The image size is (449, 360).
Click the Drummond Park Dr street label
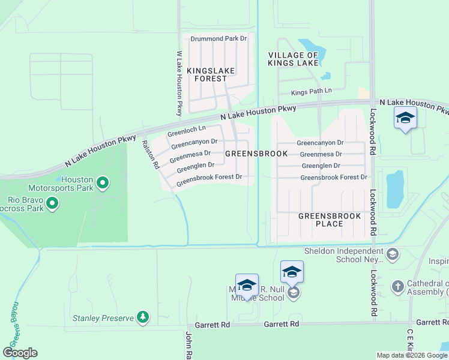pyautogui.click(x=218, y=38)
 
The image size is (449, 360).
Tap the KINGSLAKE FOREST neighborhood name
pyautogui.click(x=211, y=74)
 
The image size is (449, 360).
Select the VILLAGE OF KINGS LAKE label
pyautogui.click(x=293, y=59)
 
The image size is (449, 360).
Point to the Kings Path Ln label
pyautogui.click(x=312, y=91)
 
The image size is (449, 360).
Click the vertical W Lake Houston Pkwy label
pyautogui.click(x=179, y=83)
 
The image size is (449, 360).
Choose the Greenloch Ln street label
pyautogui.click(x=186, y=129)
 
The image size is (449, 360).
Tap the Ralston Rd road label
pyautogui.click(x=149, y=154)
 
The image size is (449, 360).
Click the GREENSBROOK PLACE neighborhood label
pyautogui.click(x=329, y=220)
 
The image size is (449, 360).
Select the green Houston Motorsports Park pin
pyautogui.click(x=103, y=182)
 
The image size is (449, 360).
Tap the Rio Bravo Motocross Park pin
pyautogui.click(x=52, y=203)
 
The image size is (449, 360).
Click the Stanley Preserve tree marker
pyautogui.click(x=142, y=316)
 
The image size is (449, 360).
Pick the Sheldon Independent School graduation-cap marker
pyautogui.click(x=393, y=254)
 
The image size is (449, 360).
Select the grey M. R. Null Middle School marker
pyautogui.click(x=293, y=293)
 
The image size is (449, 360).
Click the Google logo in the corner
pyautogui.click(x=20, y=353)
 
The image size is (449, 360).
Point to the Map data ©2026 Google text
pyautogui.click(x=412, y=355)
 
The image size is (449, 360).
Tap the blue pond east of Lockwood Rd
pyautogui.click(x=395, y=189)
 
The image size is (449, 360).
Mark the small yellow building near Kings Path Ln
pyautogui.click(x=363, y=93)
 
